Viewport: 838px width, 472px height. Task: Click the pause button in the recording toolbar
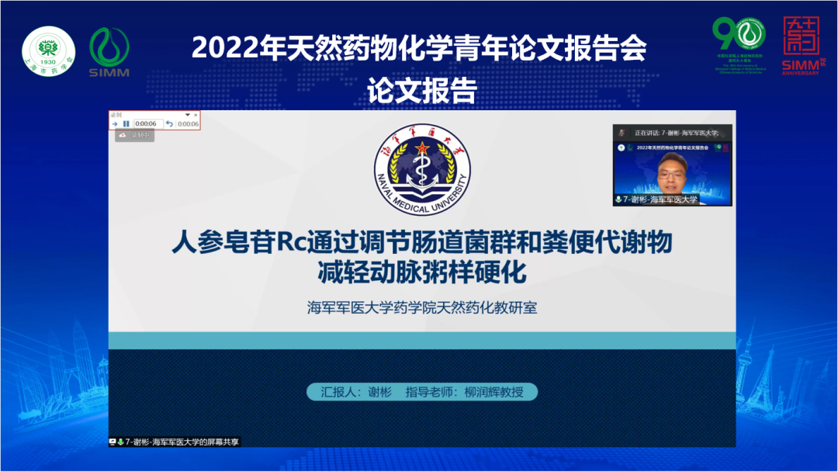pos(126,123)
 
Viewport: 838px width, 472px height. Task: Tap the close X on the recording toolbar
pos(196,115)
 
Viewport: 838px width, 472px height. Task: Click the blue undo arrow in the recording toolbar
pos(169,123)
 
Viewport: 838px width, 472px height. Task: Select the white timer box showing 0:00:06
pos(146,123)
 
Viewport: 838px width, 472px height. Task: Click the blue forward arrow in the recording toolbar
pos(114,123)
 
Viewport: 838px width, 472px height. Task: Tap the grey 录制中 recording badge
pos(136,135)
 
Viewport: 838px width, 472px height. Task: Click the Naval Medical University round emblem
pos(422,174)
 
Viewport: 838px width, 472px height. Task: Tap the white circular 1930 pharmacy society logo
pos(48,53)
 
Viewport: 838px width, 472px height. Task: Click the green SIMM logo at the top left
pos(109,53)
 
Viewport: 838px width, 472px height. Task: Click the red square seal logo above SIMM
pos(801,36)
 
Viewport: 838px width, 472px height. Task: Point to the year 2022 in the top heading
pos(218,48)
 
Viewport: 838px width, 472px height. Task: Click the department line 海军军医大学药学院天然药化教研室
pos(422,307)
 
